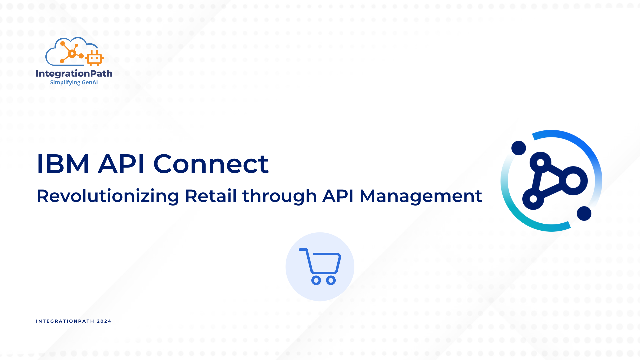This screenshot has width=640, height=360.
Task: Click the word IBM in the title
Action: coord(63,164)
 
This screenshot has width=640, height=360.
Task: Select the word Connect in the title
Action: coord(211,164)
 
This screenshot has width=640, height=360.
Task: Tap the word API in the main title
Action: coord(121,164)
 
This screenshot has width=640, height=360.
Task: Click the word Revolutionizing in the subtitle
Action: coord(108,196)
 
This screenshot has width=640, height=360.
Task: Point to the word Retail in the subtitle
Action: coord(211,196)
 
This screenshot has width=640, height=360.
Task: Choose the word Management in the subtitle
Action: coord(421,196)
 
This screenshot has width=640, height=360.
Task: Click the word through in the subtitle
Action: coord(279,196)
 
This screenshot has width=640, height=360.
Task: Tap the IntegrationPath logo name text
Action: coord(74,74)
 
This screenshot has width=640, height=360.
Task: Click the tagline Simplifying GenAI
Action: coord(74,82)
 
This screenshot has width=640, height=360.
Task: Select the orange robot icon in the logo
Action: coord(94,58)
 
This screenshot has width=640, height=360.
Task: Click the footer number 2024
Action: coord(104,321)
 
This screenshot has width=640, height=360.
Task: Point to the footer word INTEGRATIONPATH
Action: coord(65,321)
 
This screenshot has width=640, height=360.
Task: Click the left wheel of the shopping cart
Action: coord(316,280)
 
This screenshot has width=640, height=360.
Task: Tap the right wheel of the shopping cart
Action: coord(331,280)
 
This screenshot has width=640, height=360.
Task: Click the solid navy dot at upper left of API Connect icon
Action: coord(519,148)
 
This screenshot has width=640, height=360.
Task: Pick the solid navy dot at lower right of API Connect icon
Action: coord(584,213)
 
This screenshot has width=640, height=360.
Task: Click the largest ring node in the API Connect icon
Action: coord(573,181)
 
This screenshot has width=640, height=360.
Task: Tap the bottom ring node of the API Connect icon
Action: coord(533,199)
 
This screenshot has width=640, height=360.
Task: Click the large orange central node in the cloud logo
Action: coord(72,54)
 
